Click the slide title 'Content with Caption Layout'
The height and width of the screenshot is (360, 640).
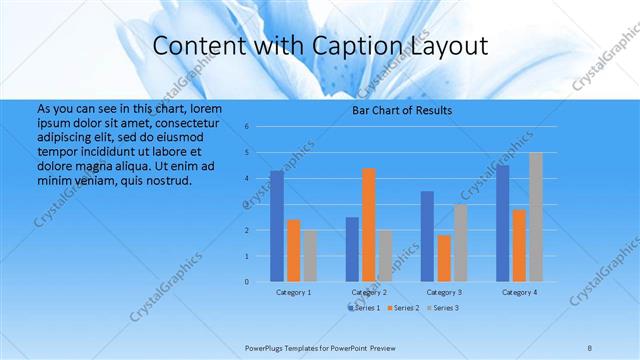tap(320, 45)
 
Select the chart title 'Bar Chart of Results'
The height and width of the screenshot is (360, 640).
tap(402, 110)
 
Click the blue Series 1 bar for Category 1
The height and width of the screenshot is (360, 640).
tap(277, 226)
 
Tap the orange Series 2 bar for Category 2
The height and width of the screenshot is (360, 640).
tap(369, 225)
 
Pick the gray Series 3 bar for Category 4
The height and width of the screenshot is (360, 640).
tap(536, 217)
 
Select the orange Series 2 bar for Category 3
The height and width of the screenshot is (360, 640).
tap(444, 258)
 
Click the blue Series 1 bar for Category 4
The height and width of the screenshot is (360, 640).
tap(503, 223)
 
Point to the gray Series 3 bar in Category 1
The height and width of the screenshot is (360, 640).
tap(310, 256)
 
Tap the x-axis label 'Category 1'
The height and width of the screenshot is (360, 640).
tap(293, 292)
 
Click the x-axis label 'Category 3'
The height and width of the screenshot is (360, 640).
tap(444, 292)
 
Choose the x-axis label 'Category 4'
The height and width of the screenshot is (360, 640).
tap(519, 292)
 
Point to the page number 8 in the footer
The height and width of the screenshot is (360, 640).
tap(590, 347)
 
